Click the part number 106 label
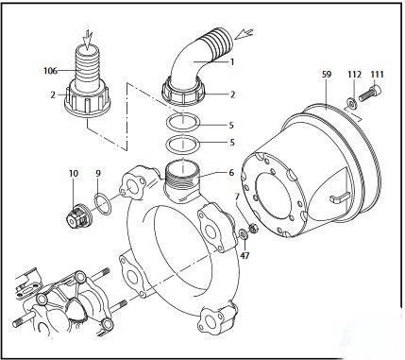[x=50, y=71]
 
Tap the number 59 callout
[x=327, y=75]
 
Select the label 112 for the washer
[x=354, y=75]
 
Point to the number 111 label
[x=377, y=75]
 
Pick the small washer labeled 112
[x=351, y=102]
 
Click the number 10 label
[x=74, y=173]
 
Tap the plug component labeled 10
[x=78, y=216]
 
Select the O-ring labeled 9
[x=103, y=204]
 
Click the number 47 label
[x=245, y=255]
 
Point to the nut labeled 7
[x=254, y=228]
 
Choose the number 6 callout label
[x=231, y=173]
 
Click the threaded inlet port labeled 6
[x=181, y=181]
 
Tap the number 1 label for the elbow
[x=232, y=62]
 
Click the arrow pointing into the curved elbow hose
[x=245, y=34]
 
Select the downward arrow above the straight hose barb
[x=87, y=39]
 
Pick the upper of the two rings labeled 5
[x=182, y=122]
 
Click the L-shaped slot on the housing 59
[x=339, y=197]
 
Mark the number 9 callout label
[x=98, y=173]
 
